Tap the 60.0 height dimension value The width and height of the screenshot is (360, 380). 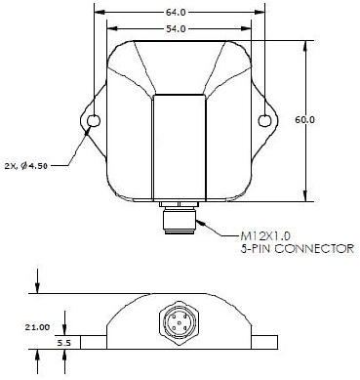pos(305,118)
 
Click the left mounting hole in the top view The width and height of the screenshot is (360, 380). pos(94,121)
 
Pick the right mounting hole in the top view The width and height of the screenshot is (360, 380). pos(265,121)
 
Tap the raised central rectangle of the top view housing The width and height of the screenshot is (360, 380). pos(180,147)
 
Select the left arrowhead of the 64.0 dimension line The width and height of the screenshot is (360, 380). pos(97,12)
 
